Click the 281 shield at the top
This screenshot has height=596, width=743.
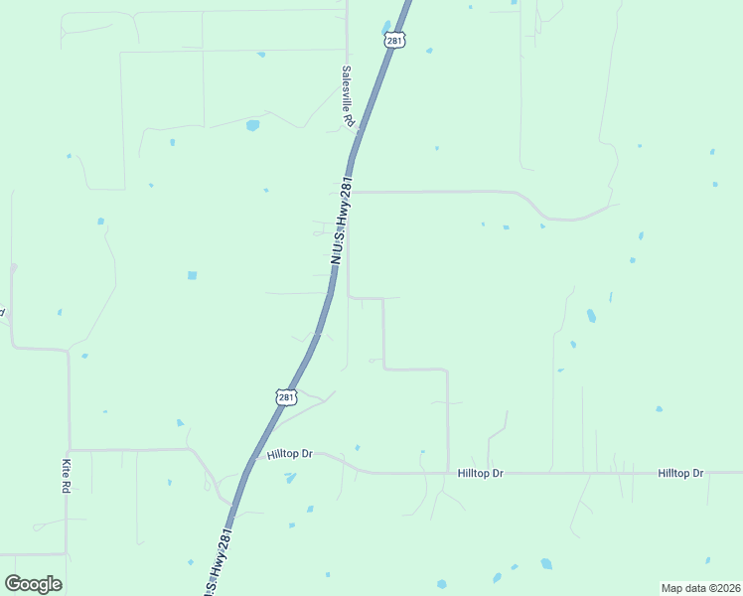(x=395, y=41)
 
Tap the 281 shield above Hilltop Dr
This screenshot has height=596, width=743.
(x=286, y=397)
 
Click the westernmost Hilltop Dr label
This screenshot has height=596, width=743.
(x=290, y=454)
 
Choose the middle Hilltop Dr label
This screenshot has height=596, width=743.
(x=481, y=474)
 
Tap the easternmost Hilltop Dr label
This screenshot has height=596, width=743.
(x=680, y=474)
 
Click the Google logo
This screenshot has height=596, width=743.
(x=33, y=584)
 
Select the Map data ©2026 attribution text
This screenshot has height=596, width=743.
(x=699, y=588)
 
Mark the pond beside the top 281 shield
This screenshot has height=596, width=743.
(x=386, y=27)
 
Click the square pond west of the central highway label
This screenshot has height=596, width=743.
(x=192, y=275)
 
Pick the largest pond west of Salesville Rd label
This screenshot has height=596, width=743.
(x=252, y=126)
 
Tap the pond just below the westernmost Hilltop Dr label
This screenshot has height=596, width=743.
(x=290, y=478)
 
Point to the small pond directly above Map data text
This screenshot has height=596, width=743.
(x=707, y=558)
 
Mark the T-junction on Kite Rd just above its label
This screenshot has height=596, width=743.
(x=69, y=450)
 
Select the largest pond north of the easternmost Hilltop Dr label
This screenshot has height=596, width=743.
(x=591, y=316)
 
